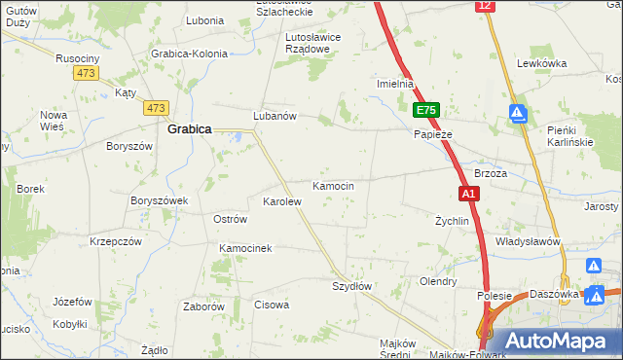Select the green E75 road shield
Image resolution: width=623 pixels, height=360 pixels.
click(425, 111)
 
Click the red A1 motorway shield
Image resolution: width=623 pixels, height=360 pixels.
click(468, 194)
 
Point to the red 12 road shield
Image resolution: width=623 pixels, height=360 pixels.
click(485, 6)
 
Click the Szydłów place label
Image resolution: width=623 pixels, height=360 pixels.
click(351, 286)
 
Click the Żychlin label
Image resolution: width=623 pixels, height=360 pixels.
click(452, 221)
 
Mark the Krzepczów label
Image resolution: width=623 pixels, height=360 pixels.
click(116, 240)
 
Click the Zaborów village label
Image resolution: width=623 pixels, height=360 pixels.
click(204, 306)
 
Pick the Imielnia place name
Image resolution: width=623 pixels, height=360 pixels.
click(396, 84)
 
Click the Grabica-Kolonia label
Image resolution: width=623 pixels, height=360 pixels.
click(190, 54)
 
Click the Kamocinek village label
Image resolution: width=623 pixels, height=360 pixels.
click(245, 249)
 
